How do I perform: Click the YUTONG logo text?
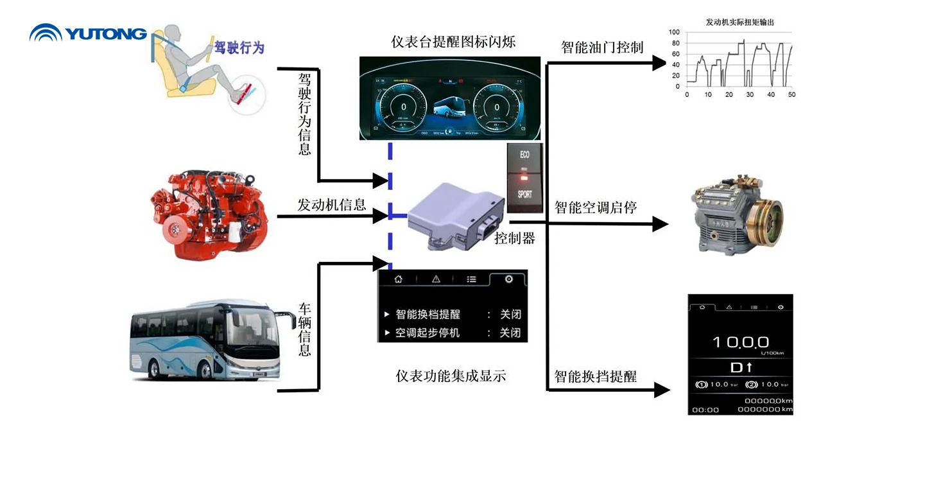coord(106,33)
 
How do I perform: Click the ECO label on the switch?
coord(524,155)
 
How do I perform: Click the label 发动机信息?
coord(331,205)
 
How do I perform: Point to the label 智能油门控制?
coord(601,47)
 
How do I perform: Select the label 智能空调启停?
coord(595,207)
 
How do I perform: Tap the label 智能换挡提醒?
coord(595,376)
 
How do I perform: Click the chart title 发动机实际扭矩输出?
coord(739,22)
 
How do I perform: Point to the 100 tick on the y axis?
coord(674,31)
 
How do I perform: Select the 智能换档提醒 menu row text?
coord(427,315)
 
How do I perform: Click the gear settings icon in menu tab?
coord(508,279)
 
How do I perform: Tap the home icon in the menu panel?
coord(398,279)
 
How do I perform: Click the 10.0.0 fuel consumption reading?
coord(740,342)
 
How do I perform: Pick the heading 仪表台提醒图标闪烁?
coord(453,42)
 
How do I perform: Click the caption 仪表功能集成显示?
coord(451,376)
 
